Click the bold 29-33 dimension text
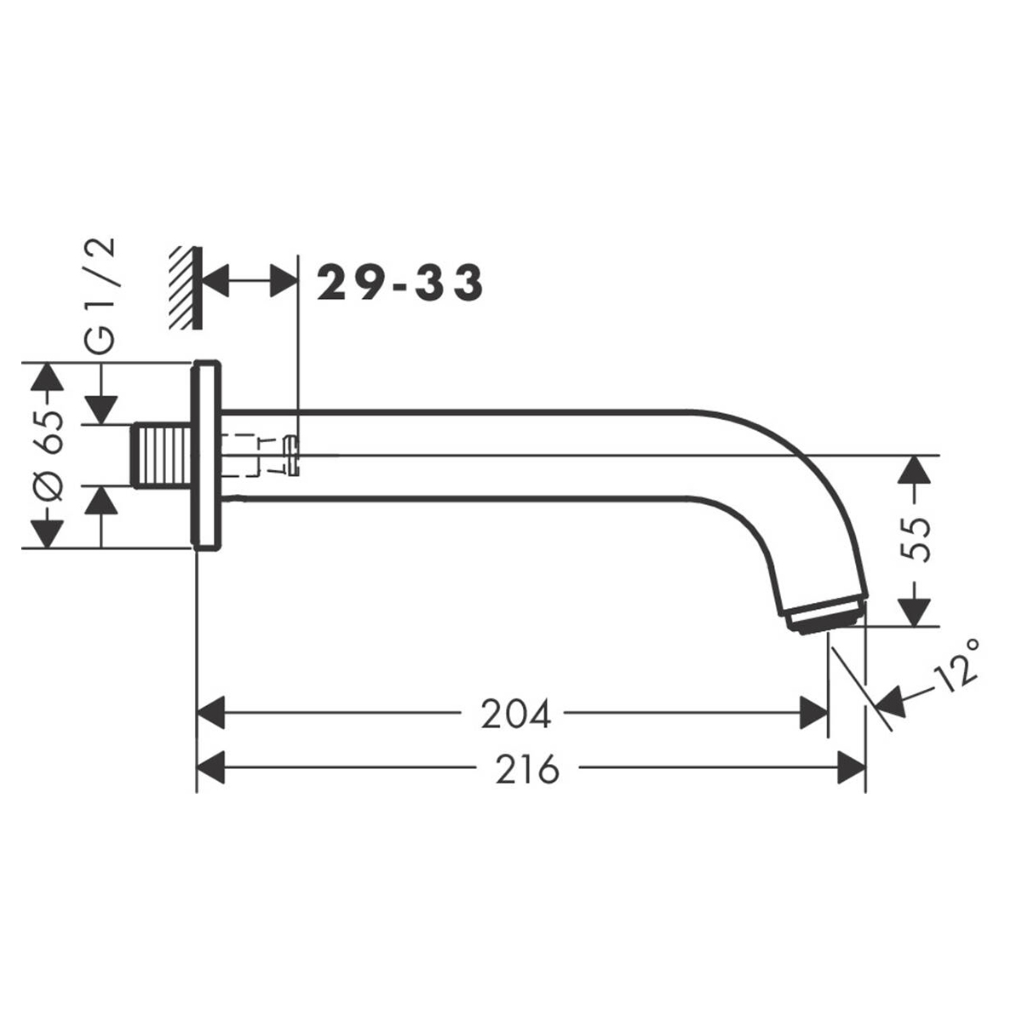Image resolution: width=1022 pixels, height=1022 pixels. (x=400, y=283)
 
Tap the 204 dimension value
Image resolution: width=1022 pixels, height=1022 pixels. (x=515, y=714)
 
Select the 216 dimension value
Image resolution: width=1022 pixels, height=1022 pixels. (x=526, y=769)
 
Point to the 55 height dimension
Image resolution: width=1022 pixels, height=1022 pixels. (x=916, y=539)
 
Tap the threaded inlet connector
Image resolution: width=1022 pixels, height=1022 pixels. (x=161, y=455)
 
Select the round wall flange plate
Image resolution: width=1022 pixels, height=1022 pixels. (x=206, y=455)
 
